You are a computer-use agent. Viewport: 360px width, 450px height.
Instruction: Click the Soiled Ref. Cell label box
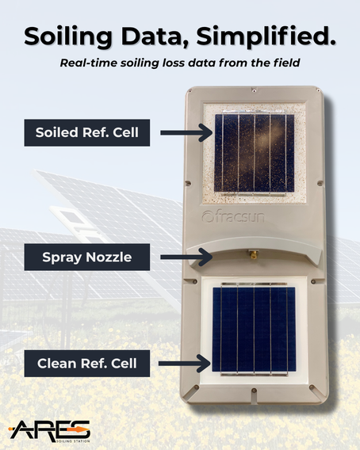click(x=86, y=132)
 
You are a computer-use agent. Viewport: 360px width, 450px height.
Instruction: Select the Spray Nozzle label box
click(x=86, y=257)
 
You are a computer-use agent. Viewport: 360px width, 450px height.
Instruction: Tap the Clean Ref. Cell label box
click(x=86, y=364)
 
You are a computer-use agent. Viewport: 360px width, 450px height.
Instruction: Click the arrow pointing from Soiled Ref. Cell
click(x=186, y=132)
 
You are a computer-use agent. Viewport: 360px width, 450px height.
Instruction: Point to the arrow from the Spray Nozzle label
click(x=186, y=257)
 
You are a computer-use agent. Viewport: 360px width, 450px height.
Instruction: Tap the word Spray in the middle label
click(x=59, y=257)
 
